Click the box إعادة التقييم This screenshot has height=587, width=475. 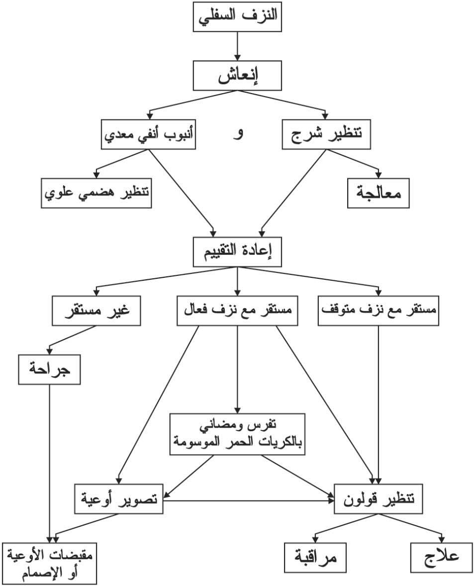(x=238, y=252)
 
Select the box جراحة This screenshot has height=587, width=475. (x=49, y=369)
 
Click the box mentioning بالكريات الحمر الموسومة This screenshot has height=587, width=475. (x=237, y=434)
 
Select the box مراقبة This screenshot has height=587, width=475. (x=316, y=558)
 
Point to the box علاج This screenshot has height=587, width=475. (x=441, y=558)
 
